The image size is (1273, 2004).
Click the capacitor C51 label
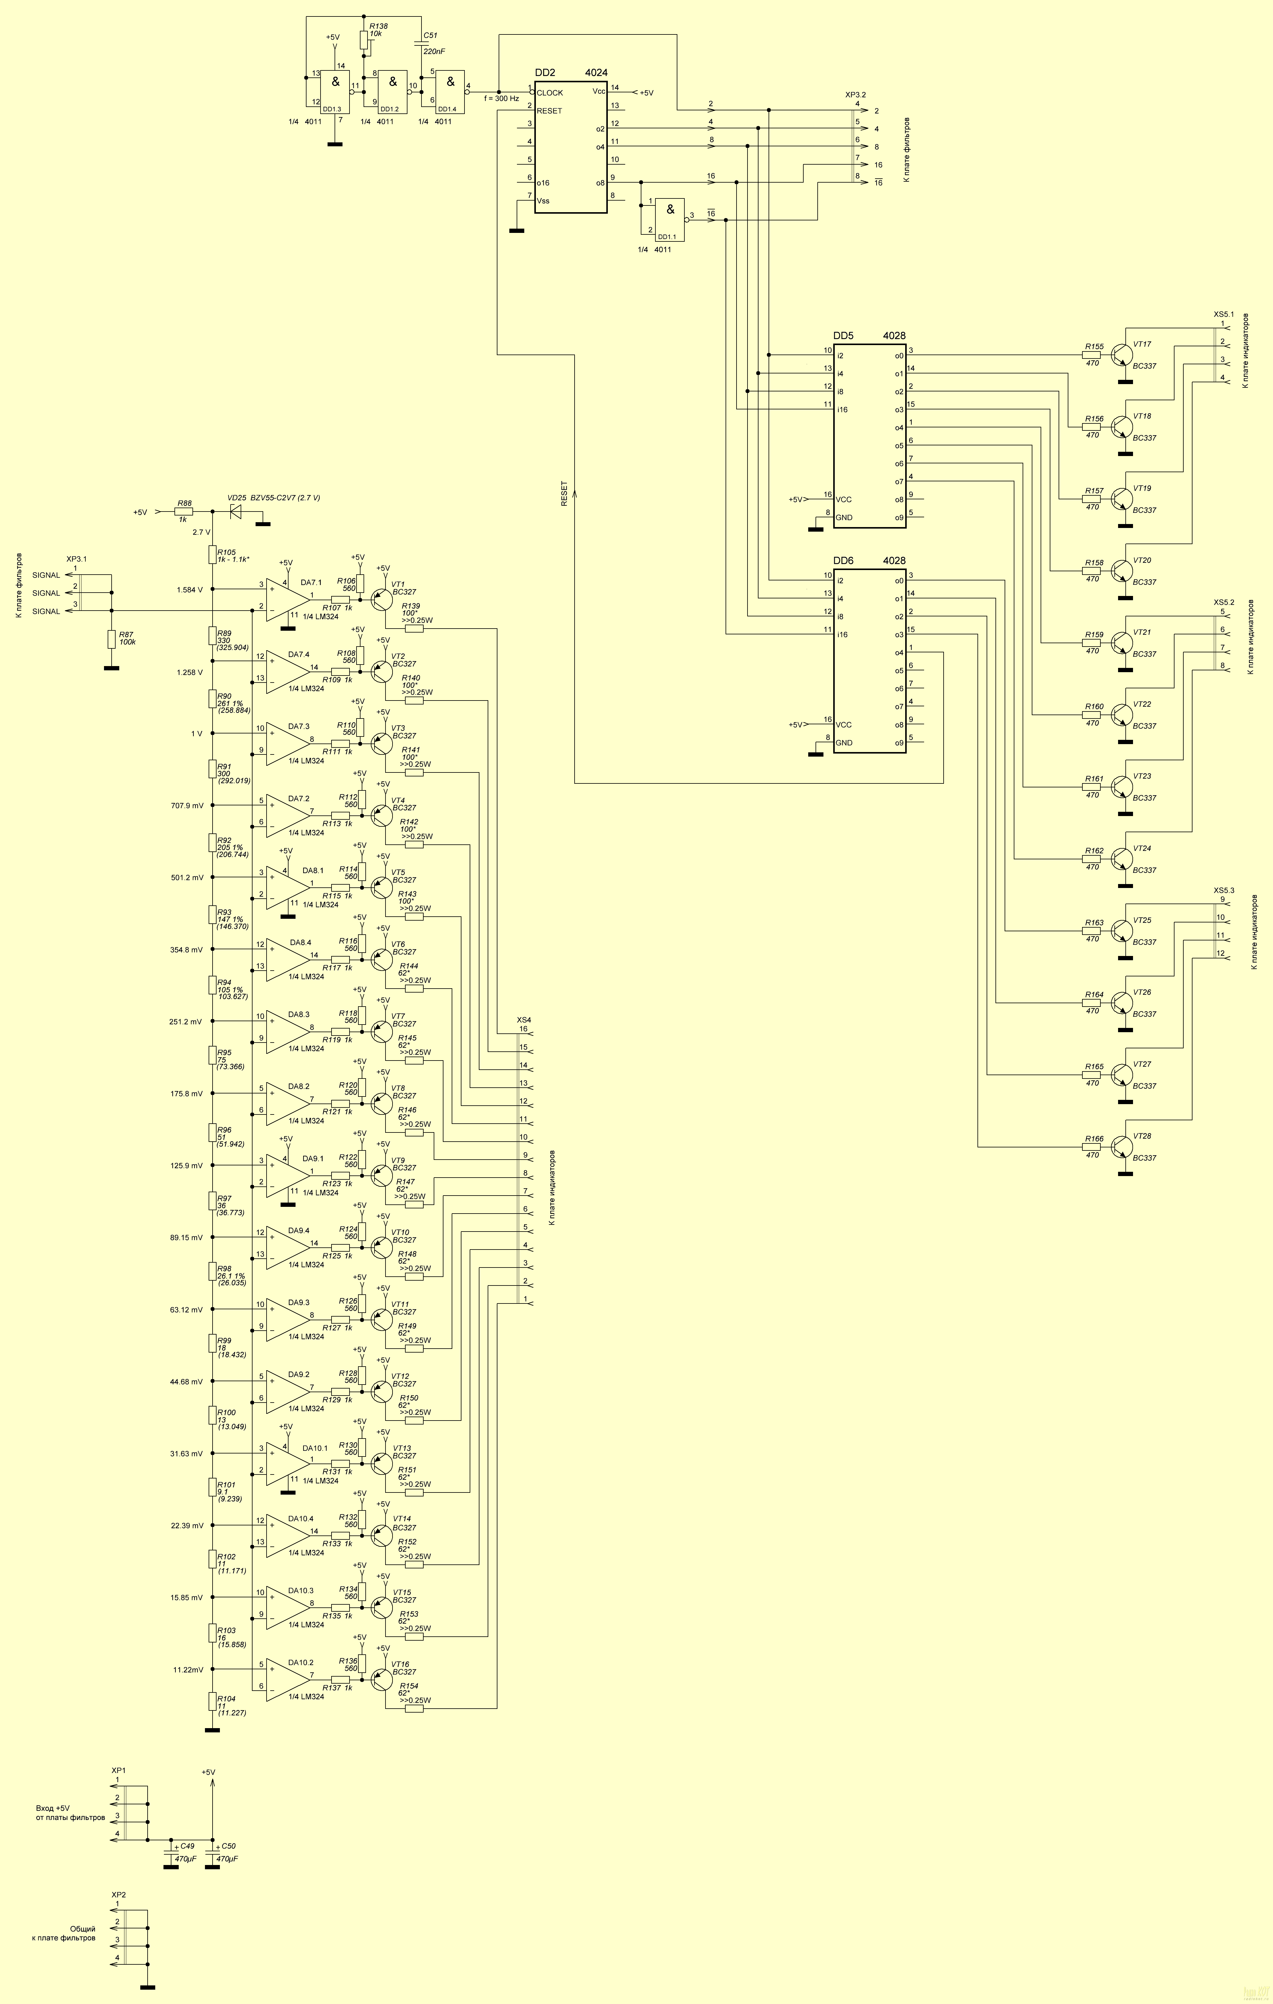(x=430, y=36)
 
